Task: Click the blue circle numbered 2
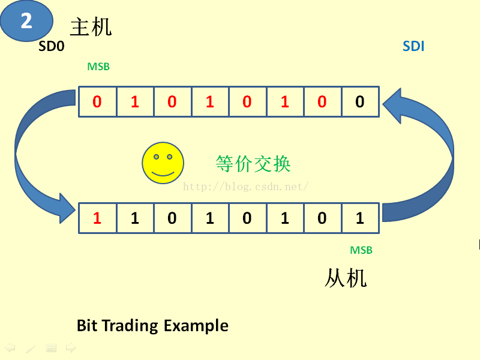click(26, 20)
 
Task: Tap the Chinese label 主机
click(91, 27)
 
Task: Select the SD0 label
click(51, 46)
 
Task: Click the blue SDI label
click(413, 46)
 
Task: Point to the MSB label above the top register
click(98, 67)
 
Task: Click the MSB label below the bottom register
click(361, 250)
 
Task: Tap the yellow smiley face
click(163, 163)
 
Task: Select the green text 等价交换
click(253, 163)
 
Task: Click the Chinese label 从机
click(346, 278)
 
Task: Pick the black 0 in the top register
click(359, 102)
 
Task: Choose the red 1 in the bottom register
click(97, 218)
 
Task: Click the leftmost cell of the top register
click(97, 102)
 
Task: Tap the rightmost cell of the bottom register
click(359, 218)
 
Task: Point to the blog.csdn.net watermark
click(246, 187)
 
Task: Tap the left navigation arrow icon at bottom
click(10, 348)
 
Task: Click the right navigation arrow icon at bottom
click(71, 348)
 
